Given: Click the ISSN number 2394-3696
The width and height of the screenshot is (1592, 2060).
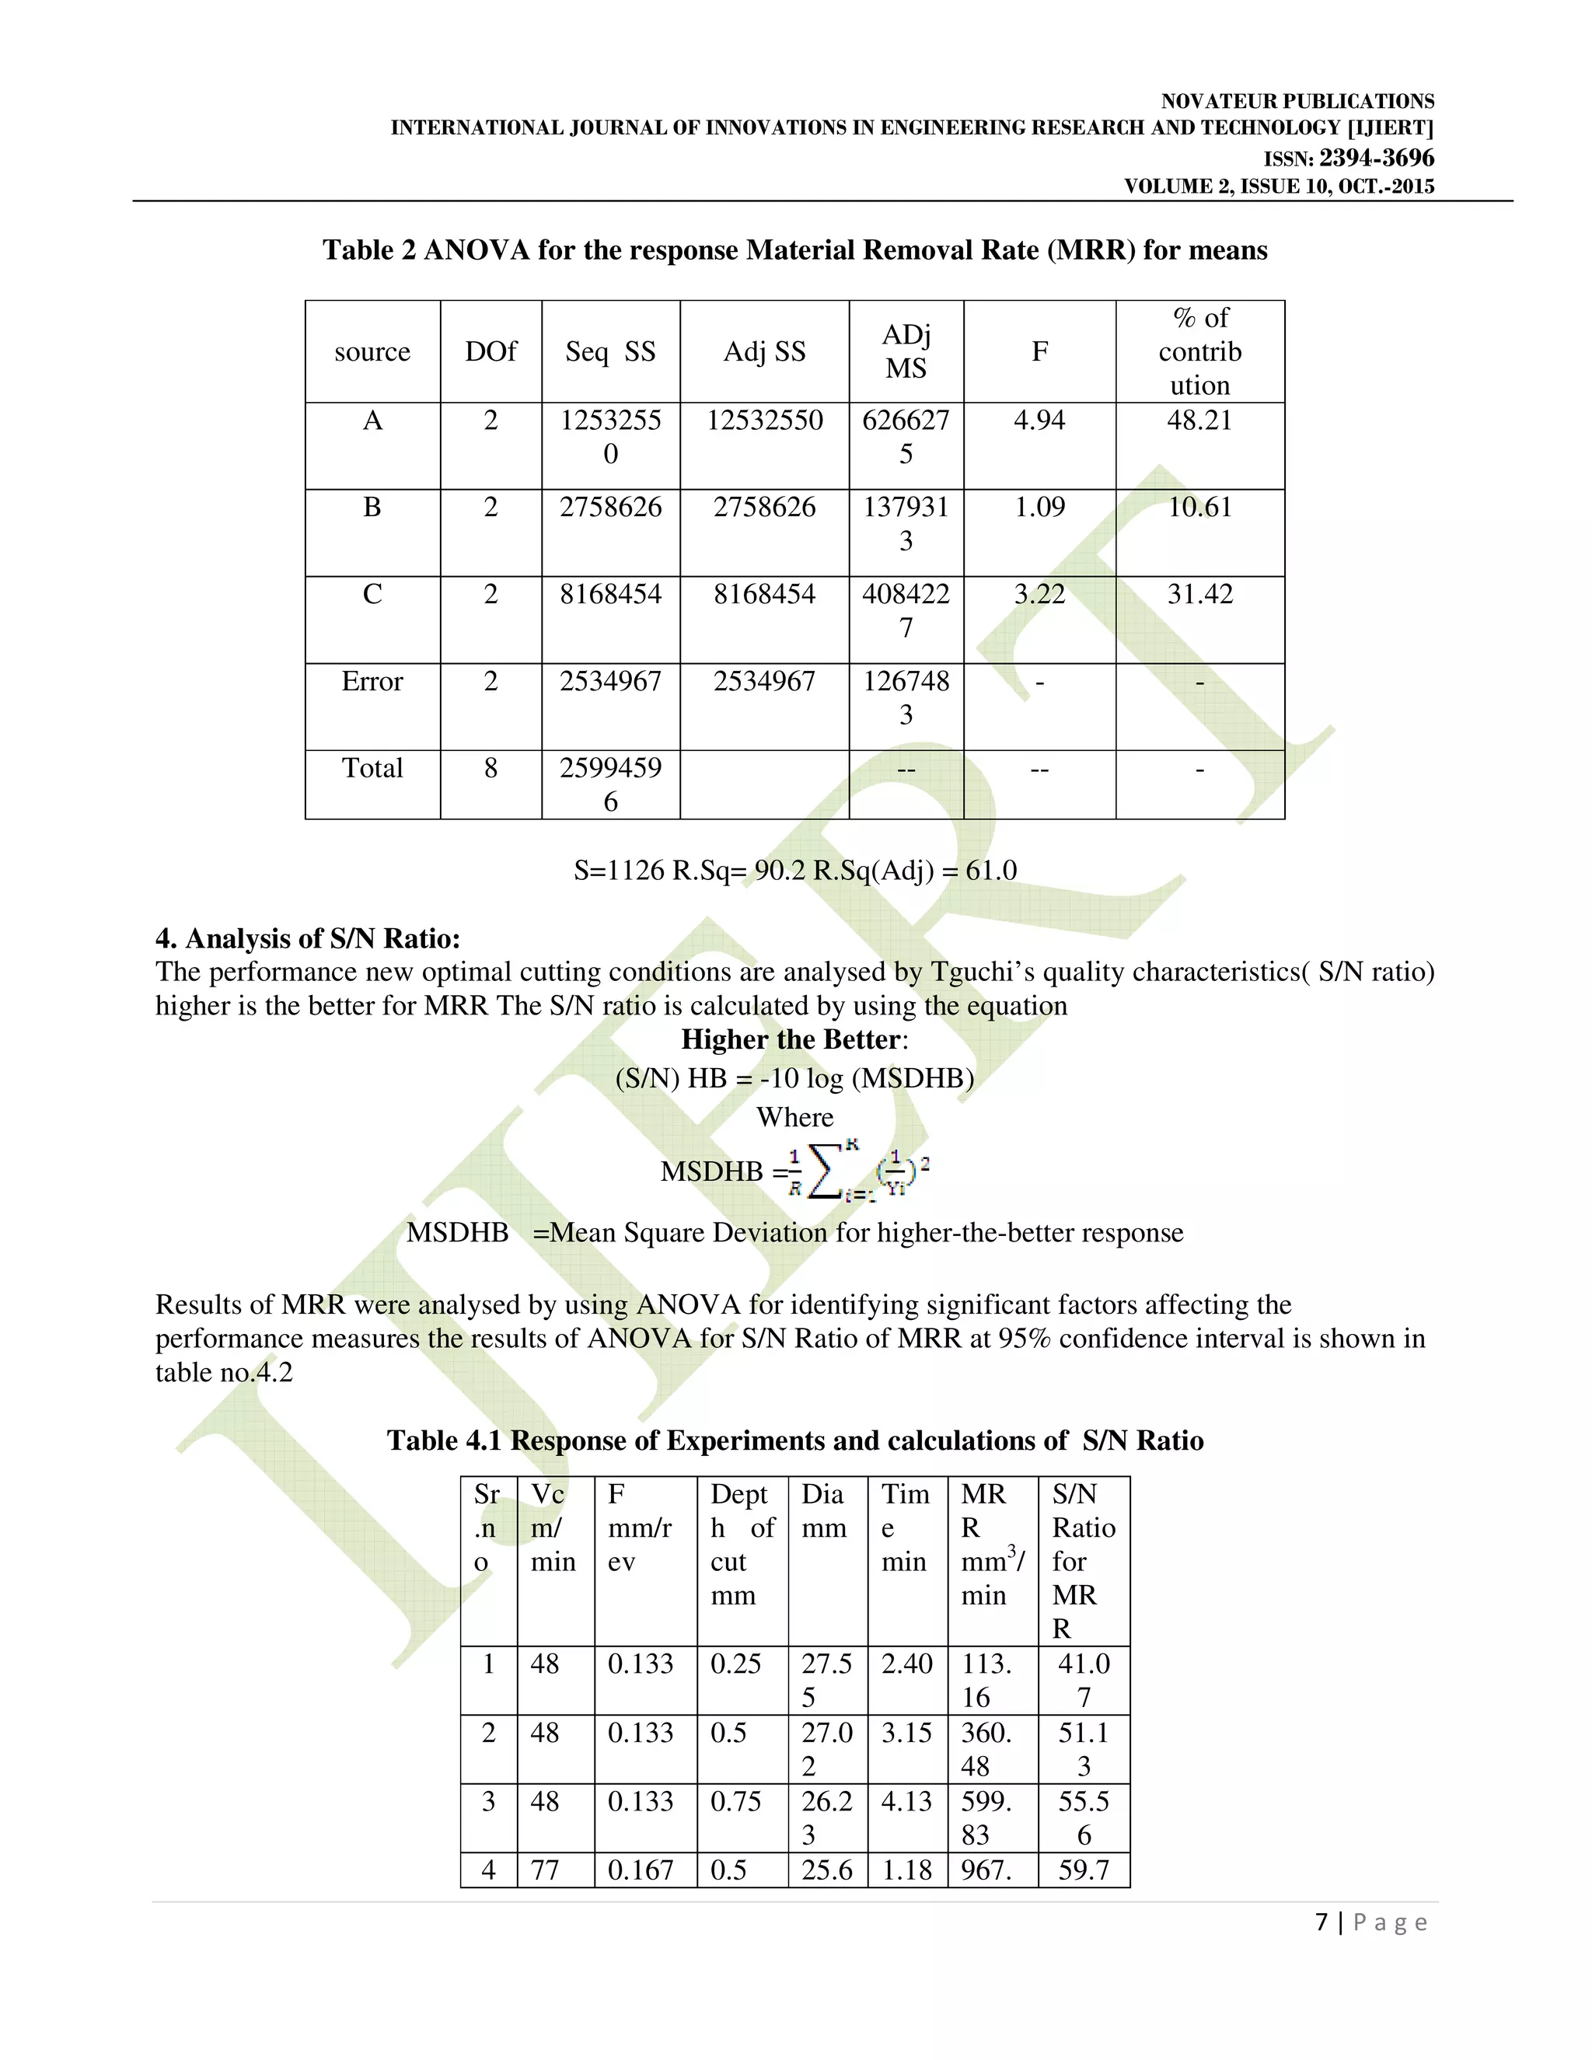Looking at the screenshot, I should point(1376,158).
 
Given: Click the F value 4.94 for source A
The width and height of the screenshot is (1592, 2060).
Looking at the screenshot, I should point(1039,421).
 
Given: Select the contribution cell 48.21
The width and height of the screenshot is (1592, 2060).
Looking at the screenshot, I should point(1199,421).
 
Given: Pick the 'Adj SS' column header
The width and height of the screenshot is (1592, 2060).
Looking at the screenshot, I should point(764,352).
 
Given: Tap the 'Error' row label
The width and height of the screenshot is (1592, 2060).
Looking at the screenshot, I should point(372,681).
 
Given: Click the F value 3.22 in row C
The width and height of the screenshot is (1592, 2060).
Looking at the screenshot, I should point(1039,594).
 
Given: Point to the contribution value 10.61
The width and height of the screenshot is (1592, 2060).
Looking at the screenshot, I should point(1199,508).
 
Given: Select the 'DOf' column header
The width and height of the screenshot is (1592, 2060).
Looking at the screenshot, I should point(491,352).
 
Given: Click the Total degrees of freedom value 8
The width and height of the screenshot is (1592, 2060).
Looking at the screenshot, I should point(491,768).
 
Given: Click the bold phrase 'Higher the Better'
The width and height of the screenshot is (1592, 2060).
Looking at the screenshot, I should point(791,1039).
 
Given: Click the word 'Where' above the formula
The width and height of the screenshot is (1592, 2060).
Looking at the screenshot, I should point(795,1117).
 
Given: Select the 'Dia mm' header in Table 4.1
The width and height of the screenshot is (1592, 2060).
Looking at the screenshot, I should point(823,1511).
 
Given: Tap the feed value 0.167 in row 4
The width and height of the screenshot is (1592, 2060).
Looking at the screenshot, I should point(641,1870).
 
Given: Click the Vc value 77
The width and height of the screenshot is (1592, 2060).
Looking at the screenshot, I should point(545,1870).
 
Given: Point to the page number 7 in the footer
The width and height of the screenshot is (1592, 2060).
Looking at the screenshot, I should point(1322,1922).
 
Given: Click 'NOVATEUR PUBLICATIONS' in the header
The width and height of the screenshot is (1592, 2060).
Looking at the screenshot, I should point(1297,101).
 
